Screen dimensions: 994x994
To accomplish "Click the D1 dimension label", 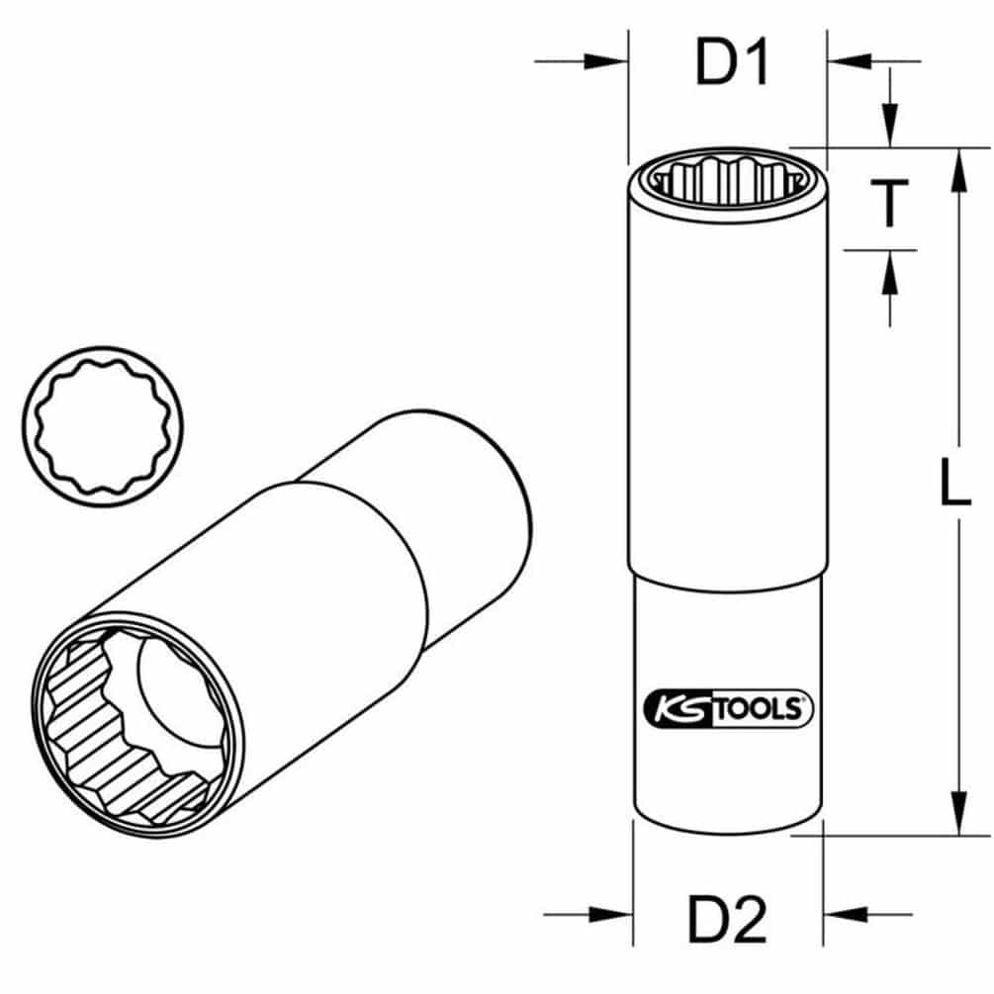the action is click(733, 61).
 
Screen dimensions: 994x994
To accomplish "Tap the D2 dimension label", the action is click(728, 919).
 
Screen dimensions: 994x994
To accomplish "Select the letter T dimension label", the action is click(889, 202).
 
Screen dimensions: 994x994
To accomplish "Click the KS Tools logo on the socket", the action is click(728, 709).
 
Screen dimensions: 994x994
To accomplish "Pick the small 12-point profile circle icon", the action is click(103, 426).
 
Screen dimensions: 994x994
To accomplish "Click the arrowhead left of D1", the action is click(606, 61).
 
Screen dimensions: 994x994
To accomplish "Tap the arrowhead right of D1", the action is click(850, 61).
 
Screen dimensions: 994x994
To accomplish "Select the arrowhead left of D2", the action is click(611, 914).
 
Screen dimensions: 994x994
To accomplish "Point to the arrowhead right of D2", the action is click(845, 914).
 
